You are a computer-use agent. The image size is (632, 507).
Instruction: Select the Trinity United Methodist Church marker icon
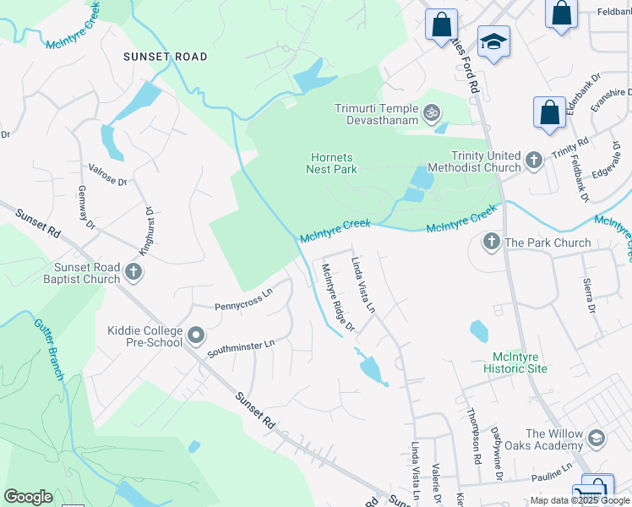click(x=533, y=160)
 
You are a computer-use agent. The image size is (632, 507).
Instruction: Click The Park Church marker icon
click(x=492, y=243)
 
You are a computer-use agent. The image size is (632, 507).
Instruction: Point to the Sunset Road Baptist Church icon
click(x=133, y=272)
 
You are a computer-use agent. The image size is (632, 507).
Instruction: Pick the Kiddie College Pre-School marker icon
click(x=196, y=336)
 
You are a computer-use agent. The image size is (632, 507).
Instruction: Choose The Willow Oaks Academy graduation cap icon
click(x=597, y=438)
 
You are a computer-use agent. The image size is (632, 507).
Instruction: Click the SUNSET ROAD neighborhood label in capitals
click(x=165, y=57)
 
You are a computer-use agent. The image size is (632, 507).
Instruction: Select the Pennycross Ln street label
click(x=243, y=299)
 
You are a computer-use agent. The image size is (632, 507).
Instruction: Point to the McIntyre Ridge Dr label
click(x=337, y=297)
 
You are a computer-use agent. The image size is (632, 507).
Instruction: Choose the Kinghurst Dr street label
click(x=144, y=228)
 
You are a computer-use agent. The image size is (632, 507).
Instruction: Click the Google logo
click(x=28, y=497)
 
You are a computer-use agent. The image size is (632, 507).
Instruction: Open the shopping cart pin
click(x=593, y=491)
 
